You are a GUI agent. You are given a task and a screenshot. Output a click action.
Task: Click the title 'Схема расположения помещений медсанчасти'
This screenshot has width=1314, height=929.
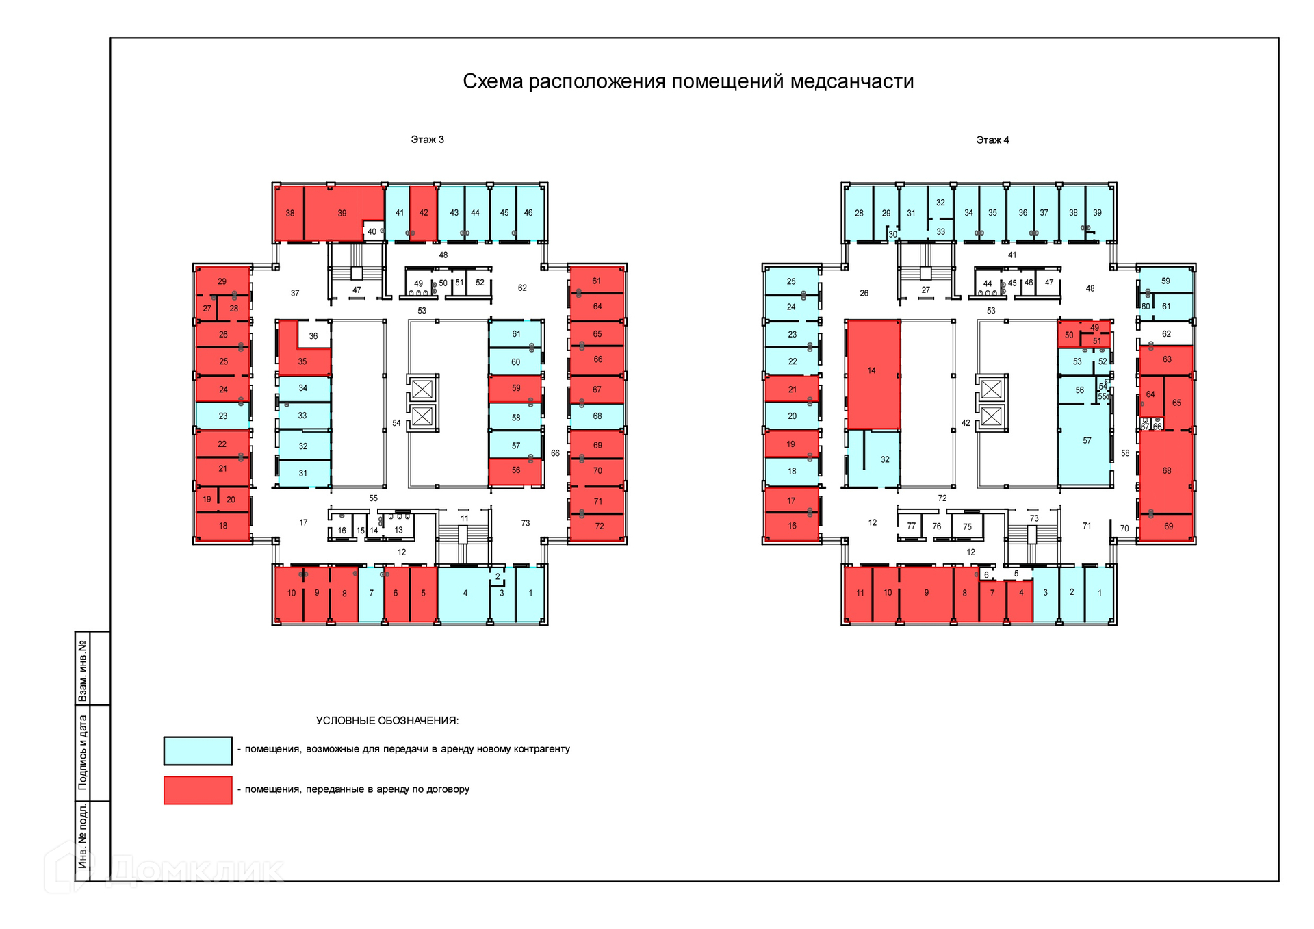[x=688, y=81]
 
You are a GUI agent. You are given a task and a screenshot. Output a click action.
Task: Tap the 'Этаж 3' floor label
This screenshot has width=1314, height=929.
[x=427, y=140]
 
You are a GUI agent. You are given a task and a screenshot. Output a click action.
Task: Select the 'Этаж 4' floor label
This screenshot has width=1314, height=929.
[x=992, y=140]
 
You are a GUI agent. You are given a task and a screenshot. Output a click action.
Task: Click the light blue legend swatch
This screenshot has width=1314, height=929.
[x=198, y=750]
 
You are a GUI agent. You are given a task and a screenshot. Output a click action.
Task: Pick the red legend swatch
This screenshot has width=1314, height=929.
[x=198, y=790]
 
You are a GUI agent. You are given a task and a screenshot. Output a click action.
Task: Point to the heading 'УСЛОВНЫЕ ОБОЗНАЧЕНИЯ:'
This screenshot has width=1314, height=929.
[x=387, y=721]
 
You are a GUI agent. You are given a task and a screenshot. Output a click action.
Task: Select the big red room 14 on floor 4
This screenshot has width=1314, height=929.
[x=873, y=373]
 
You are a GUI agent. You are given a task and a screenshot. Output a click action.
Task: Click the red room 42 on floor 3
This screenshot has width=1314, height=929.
[x=424, y=213]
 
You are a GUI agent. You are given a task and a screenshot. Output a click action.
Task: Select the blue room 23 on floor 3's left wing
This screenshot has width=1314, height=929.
[x=223, y=416]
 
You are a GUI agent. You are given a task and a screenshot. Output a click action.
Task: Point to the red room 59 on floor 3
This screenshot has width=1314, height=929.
[x=515, y=388]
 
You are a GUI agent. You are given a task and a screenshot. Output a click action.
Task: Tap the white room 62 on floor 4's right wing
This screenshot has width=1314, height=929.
[x=1166, y=334]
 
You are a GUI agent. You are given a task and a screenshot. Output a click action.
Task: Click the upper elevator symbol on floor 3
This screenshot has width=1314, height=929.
[x=422, y=389]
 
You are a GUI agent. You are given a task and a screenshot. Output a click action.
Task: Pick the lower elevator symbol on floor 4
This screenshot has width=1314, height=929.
[x=991, y=416]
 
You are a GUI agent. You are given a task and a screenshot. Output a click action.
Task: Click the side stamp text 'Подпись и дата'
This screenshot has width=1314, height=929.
[x=83, y=752]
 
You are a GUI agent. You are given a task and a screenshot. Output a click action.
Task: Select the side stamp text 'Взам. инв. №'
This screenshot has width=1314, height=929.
[x=83, y=670]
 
